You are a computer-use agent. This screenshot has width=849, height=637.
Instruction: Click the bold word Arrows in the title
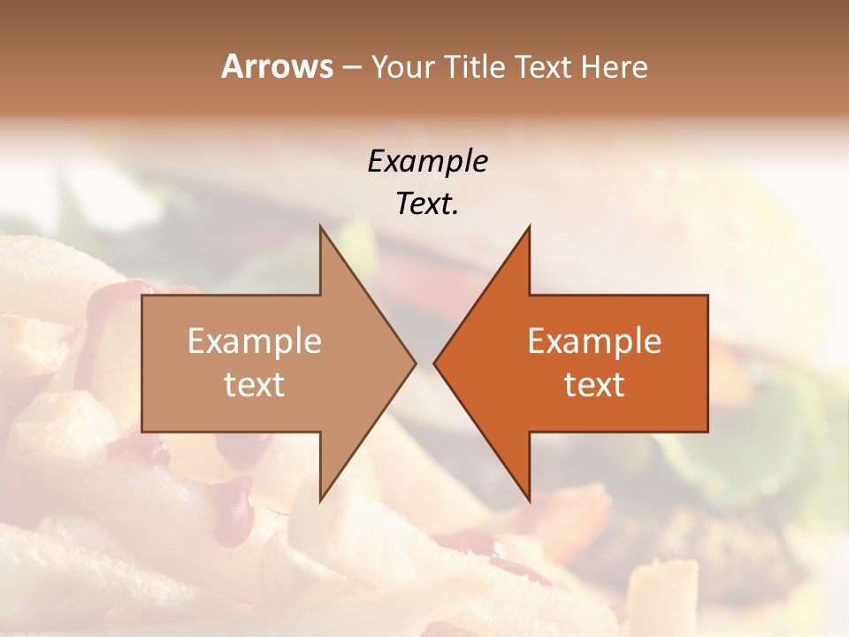(x=277, y=66)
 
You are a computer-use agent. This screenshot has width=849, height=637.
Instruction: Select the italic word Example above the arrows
(x=427, y=161)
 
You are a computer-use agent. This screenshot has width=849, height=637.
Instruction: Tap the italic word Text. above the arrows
(x=427, y=203)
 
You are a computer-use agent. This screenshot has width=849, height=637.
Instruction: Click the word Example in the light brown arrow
(x=255, y=341)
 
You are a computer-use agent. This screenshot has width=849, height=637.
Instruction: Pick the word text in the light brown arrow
(x=255, y=385)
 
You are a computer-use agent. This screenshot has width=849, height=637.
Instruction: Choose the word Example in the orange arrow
(x=594, y=341)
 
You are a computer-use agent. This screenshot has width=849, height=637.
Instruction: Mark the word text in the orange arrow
(x=594, y=385)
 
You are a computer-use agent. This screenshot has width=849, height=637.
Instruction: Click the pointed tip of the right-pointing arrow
(x=416, y=363)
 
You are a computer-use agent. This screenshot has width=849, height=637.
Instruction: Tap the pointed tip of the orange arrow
(x=433, y=363)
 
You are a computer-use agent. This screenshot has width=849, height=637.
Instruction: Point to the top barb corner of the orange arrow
(x=529, y=226)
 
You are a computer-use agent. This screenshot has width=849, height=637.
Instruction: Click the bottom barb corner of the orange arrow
(x=529, y=500)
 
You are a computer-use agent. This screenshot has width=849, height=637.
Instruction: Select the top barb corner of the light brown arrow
(x=320, y=226)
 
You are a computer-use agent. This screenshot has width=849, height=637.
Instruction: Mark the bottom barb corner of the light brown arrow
(x=320, y=500)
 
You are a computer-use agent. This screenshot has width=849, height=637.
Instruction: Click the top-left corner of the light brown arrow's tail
(x=142, y=295)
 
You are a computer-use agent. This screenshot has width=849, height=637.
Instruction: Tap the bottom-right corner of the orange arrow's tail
(x=707, y=432)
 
